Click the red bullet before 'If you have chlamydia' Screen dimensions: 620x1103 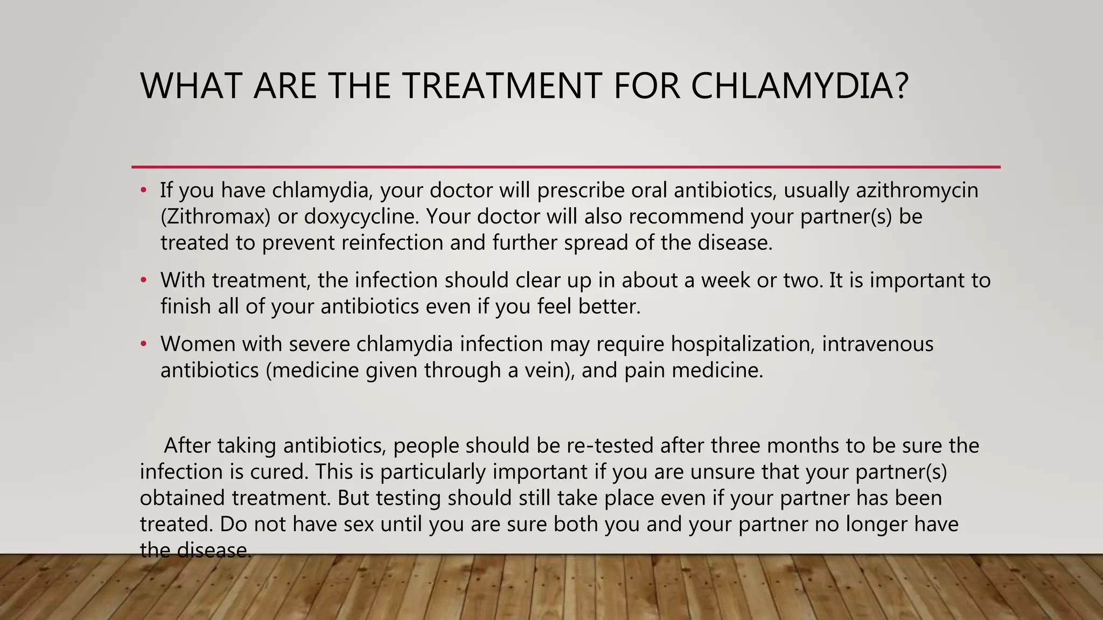point(143,191)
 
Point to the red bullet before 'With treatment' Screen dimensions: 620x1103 point(143,280)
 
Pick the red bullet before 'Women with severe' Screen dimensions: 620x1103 point(143,344)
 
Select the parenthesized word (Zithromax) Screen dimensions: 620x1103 point(215,217)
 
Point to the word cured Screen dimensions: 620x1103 point(279,472)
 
